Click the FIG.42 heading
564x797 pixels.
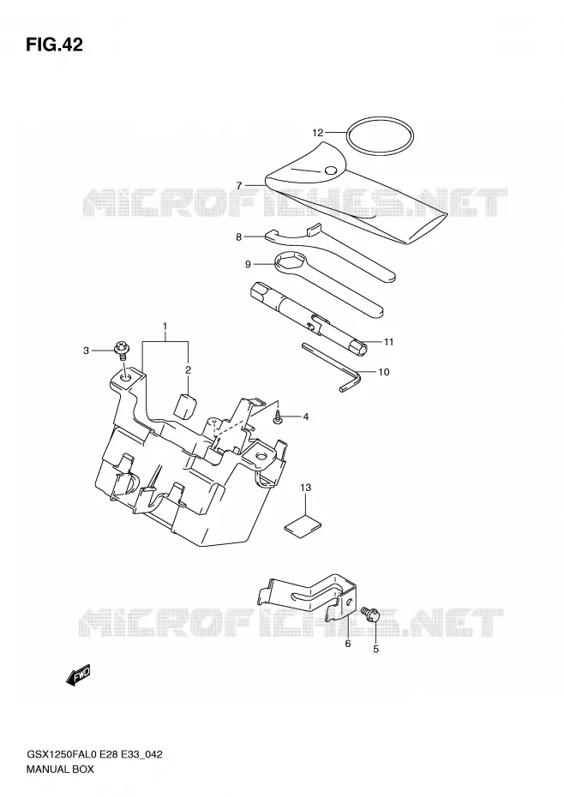[x=54, y=45]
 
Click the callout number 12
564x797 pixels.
[x=317, y=133]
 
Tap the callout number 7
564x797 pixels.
[x=238, y=185]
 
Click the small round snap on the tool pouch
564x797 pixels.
[x=331, y=171]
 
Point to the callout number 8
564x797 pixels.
[x=238, y=237]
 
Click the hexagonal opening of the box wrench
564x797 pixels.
[x=291, y=263]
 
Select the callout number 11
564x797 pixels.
[x=388, y=342]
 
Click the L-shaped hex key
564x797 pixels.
[x=332, y=365]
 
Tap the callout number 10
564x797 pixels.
[x=384, y=372]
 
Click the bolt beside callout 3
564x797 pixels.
[x=123, y=351]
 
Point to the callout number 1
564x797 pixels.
[x=165, y=325]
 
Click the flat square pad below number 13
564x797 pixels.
[x=303, y=526]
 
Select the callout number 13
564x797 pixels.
[x=305, y=488]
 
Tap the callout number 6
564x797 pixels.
[x=348, y=644]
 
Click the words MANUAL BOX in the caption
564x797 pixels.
[x=60, y=769]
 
